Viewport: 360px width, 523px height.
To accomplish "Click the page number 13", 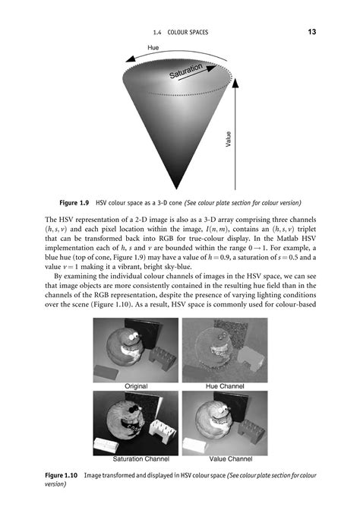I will pos(313,32).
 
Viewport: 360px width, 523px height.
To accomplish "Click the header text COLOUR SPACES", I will pos(187,32).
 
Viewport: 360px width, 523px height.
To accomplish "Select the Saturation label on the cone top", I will pos(186,73).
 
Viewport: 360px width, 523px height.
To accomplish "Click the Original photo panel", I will pos(135,350).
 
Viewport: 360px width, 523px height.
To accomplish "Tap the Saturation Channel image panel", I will pos(135,423).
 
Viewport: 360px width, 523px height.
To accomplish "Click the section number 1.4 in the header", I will pos(147,32).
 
